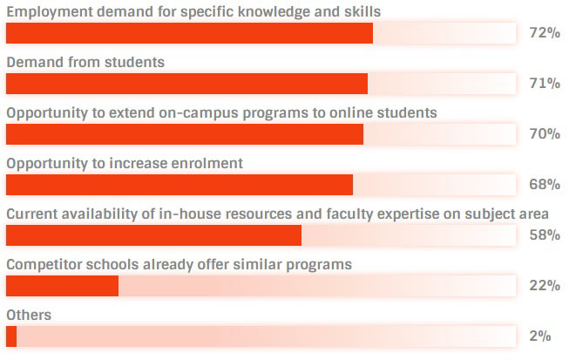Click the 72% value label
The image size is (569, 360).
coord(544,33)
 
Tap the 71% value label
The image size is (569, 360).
coord(544,84)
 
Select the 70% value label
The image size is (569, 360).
coord(544,134)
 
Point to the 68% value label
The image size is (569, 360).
coord(544,185)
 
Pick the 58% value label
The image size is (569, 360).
coord(544,235)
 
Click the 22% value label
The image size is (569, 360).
coord(544,286)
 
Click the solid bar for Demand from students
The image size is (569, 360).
coord(186,84)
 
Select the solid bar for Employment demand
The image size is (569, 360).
coord(189,33)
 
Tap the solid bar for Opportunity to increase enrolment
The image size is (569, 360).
coord(180,185)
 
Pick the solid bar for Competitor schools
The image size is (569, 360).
coord(62,286)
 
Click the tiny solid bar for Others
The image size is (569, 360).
coord(11,336)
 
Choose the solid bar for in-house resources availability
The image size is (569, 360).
coord(153,235)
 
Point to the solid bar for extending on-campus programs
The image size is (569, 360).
coord(185,134)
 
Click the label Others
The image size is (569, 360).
coord(29,315)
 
